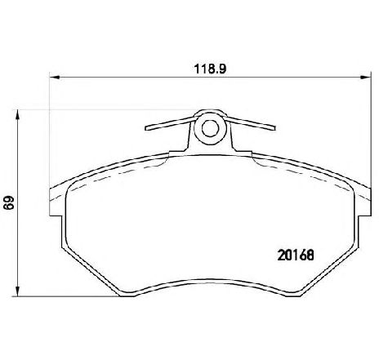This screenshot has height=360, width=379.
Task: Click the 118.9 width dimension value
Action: click(210, 69)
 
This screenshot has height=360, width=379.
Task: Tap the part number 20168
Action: click(296, 255)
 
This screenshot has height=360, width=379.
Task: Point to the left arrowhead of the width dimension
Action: click(55, 78)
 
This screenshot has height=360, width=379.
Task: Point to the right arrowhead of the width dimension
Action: click(366, 78)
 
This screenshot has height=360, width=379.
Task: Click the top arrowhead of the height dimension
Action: click(17, 114)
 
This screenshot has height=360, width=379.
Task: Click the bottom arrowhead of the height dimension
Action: click(17, 291)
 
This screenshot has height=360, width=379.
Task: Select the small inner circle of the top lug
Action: click(210, 128)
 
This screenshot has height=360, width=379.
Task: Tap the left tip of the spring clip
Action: click(146, 128)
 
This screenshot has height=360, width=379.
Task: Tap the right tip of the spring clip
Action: click(274, 128)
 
